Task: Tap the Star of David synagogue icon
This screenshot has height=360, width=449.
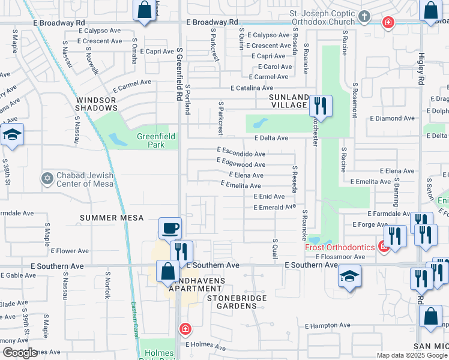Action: click(47, 178)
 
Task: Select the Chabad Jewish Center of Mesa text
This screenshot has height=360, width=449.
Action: click(85, 179)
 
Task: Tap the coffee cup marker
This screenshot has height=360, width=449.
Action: click(170, 229)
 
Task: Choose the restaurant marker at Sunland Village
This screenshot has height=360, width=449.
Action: click(321, 107)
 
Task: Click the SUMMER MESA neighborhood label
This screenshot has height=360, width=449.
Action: click(112, 218)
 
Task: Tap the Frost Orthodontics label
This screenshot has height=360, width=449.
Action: click(340, 247)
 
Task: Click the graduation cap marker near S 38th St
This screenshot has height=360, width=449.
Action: click(11, 136)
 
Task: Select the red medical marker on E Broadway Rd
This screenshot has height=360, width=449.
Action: click(388, 23)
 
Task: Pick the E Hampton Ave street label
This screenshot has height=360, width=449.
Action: click(327, 326)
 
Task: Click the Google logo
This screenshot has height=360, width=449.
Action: click(20, 352)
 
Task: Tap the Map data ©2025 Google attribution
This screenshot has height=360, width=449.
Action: click(411, 355)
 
